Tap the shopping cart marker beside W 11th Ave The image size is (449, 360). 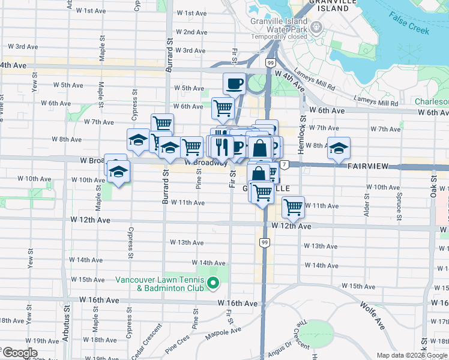tap(293, 207)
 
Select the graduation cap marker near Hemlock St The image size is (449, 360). tap(339, 148)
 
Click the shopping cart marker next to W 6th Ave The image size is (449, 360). tap(223, 108)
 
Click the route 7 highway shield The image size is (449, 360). tap(283, 164)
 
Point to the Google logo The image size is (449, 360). tap(19, 353)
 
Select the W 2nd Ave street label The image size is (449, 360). tap(191, 32)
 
